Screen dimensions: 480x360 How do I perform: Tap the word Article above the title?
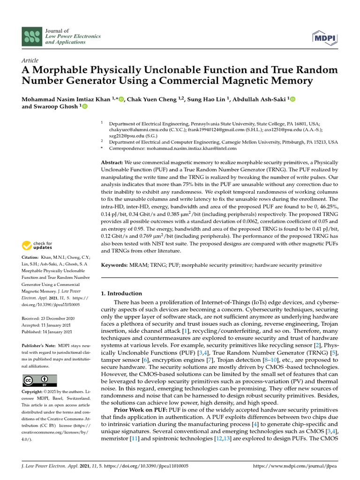(30, 60)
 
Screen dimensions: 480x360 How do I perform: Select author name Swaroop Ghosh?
(57, 106)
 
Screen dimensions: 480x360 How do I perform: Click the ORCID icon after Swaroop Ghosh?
(85, 106)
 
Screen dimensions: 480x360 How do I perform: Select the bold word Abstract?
(112, 162)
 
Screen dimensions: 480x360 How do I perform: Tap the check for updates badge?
(38, 245)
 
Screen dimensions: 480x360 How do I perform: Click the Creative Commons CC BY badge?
(39, 381)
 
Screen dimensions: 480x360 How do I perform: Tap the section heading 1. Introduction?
(121, 293)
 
